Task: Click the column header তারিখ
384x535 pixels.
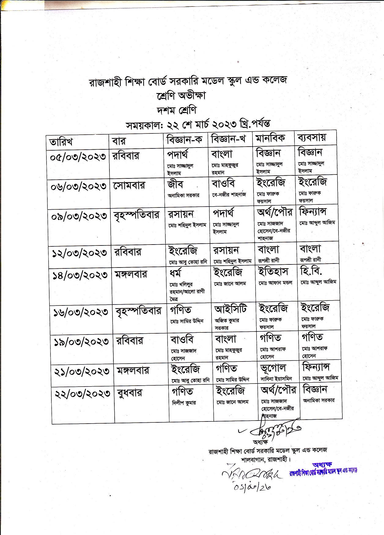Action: (x=61, y=142)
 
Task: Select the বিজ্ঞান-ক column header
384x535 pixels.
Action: (x=184, y=140)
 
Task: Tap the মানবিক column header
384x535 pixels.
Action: (x=270, y=139)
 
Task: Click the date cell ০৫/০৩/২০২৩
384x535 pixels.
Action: (x=78, y=156)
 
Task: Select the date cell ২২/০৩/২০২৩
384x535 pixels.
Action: (x=82, y=394)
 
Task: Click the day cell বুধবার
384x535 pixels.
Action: (x=130, y=393)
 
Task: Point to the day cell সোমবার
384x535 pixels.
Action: (x=129, y=185)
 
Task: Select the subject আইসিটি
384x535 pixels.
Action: (x=231, y=309)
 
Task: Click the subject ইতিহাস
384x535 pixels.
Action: (x=273, y=271)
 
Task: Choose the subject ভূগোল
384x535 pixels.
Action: (x=273, y=368)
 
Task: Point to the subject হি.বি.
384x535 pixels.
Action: (x=311, y=271)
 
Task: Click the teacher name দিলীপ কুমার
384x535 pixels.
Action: (x=184, y=403)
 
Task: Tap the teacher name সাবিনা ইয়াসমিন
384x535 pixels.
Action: (x=276, y=379)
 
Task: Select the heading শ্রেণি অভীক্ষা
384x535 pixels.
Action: (x=181, y=95)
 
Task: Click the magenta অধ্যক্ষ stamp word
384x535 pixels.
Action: (x=322, y=465)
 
